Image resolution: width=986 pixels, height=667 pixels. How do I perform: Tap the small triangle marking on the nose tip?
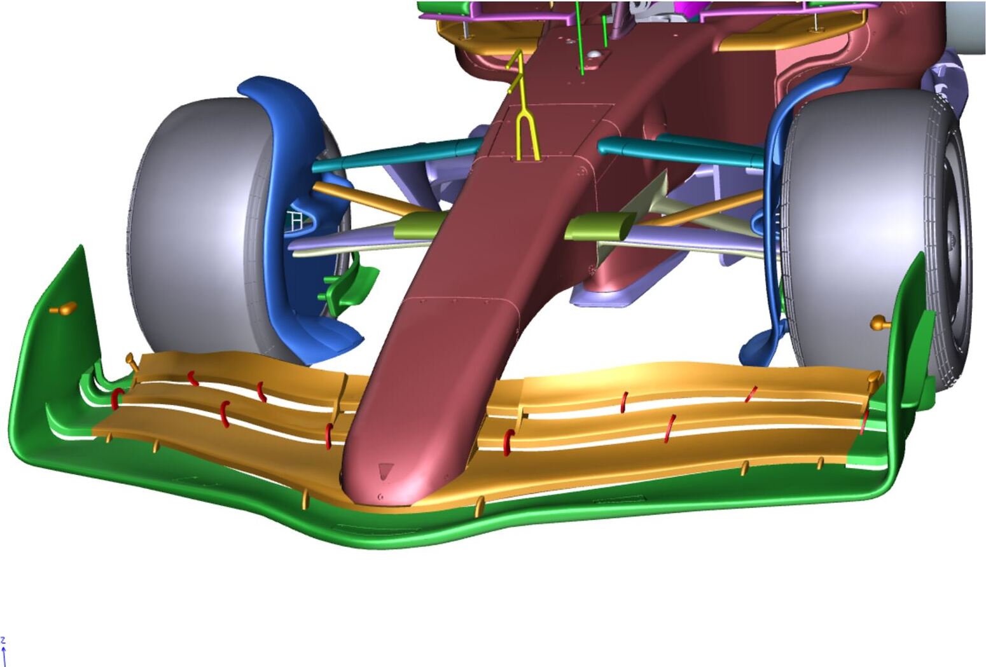point(385,470)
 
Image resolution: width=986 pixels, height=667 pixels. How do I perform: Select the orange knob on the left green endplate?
point(64,308)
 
